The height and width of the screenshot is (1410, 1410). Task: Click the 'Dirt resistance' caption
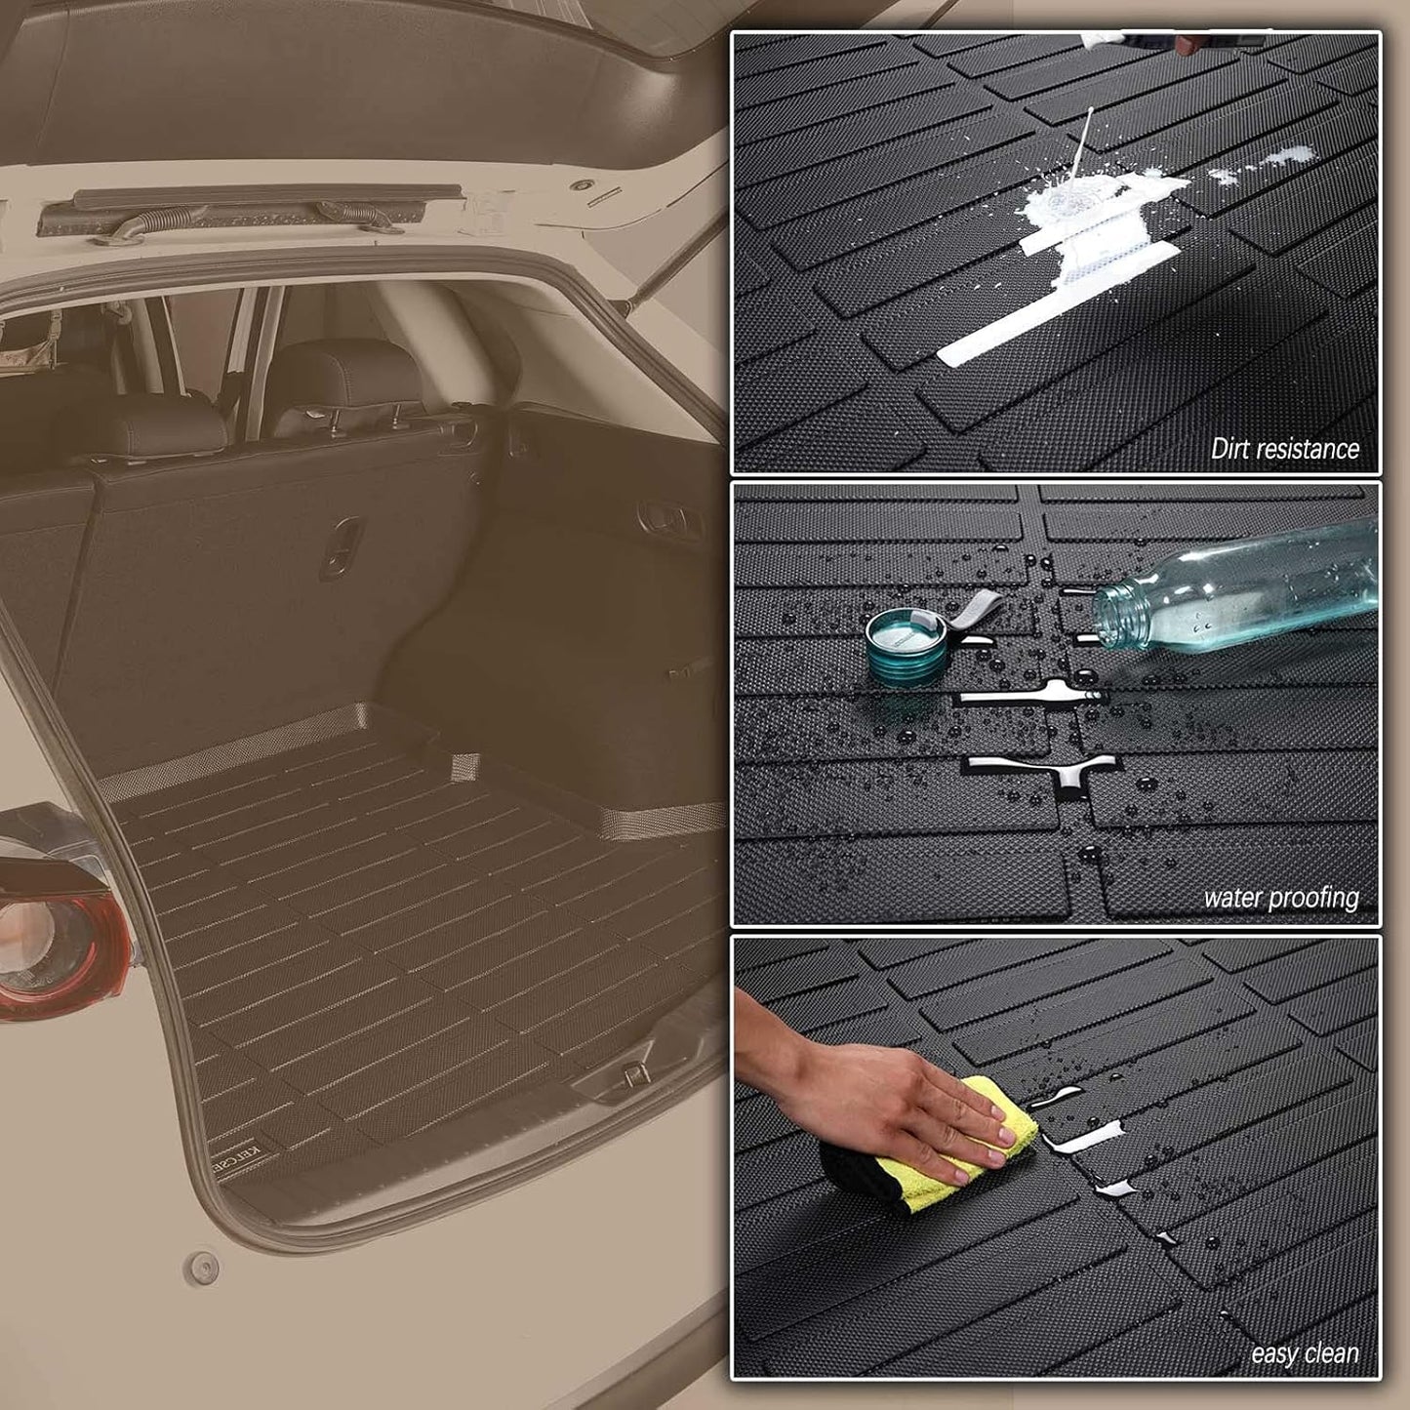pos(1284,449)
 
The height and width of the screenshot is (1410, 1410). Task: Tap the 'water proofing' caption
pos(1280,898)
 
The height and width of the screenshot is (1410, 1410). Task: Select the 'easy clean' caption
pos(1304,1353)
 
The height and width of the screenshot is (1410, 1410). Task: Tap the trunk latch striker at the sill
pos(632,1073)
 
